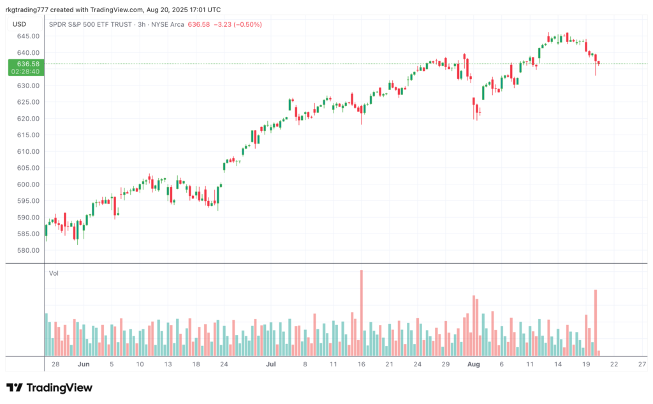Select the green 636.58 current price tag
click(26, 64)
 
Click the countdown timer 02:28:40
click(26, 71)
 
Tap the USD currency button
click(19, 24)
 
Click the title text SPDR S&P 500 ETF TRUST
click(90, 24)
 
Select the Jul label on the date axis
click(271, 364)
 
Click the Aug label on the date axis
click(473, 364)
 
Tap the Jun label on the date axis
click(83, 364)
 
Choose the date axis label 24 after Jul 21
click(417, 364)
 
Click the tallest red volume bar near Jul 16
click(362, 313)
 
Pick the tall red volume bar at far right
click(596, 322)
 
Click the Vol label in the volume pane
click(54, 273)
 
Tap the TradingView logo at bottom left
click(50, 387)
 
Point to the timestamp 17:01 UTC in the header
click(203, 10)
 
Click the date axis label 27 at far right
click(642, 364)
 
